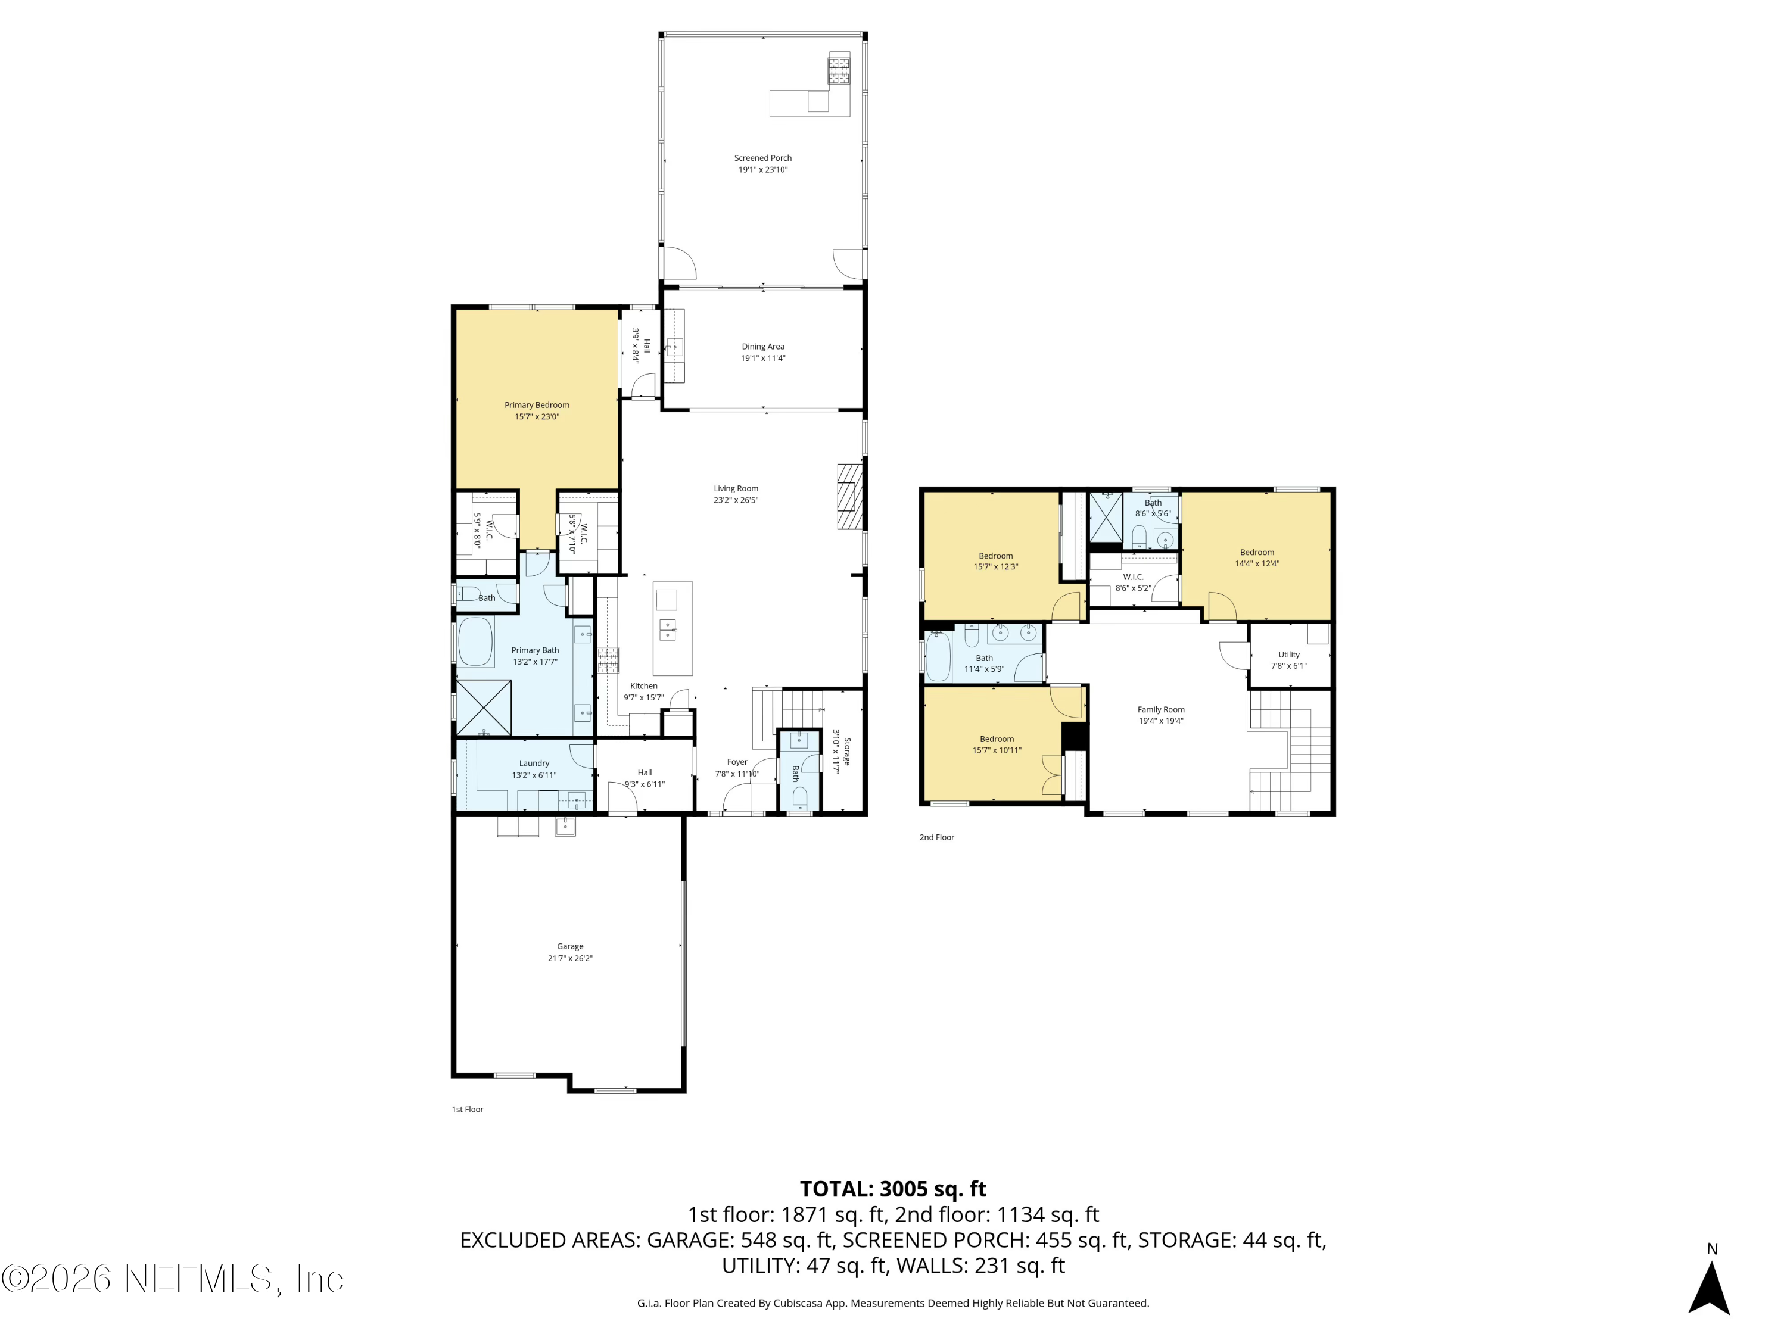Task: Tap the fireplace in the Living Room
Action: point(849,496)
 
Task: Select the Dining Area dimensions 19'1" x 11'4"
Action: point(762,358)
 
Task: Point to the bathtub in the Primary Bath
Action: point(476,642)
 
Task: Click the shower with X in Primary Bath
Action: point(483,708)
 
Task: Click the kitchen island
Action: point(672,628)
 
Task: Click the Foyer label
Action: point(737,762)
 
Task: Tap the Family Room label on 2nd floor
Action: point(1161,710)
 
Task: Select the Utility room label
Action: point(1288,655)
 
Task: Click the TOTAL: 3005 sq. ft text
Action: point(893,1189)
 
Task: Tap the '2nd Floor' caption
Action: point(936,837)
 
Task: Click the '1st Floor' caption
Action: point(467,1110)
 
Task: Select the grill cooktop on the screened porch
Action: point(838,70)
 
